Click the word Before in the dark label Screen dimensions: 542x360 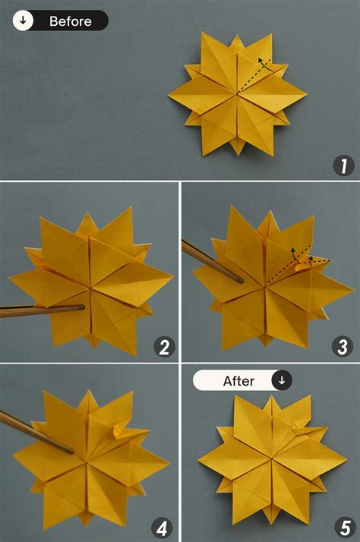[70, 21]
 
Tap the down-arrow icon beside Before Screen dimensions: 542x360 [24, 21]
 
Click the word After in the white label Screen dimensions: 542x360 [238, 381]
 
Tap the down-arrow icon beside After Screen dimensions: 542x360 [281, 381]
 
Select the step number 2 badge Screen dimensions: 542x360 [163, 347]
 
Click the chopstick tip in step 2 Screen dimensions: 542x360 [82, 307]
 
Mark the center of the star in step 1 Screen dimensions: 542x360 [237, 94]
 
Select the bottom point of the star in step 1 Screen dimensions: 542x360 [236, 155]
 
